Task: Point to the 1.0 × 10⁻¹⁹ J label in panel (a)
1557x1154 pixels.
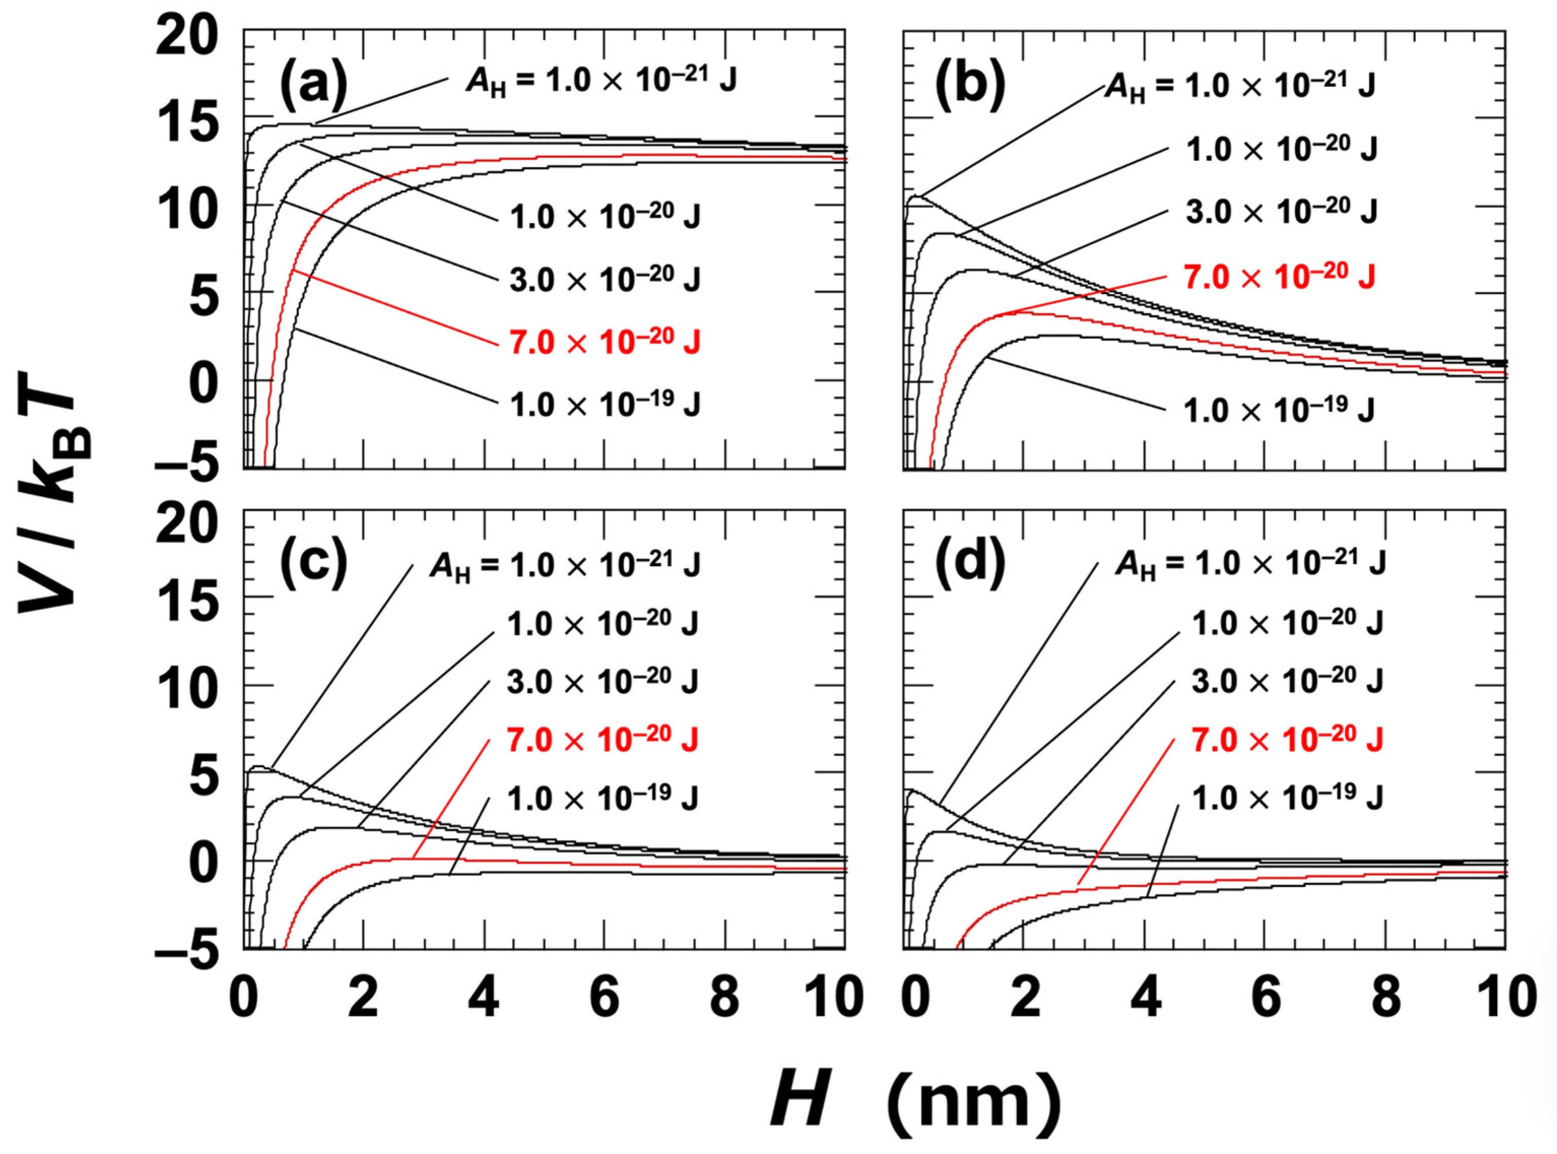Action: tap(604, 404)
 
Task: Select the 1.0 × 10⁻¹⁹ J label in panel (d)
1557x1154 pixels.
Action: tap(1287, 797)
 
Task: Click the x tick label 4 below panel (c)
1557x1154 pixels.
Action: tap(484, 999)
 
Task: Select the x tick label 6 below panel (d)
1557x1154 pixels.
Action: tap(1265, 999)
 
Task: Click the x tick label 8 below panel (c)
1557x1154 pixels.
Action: tap(725, 999)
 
